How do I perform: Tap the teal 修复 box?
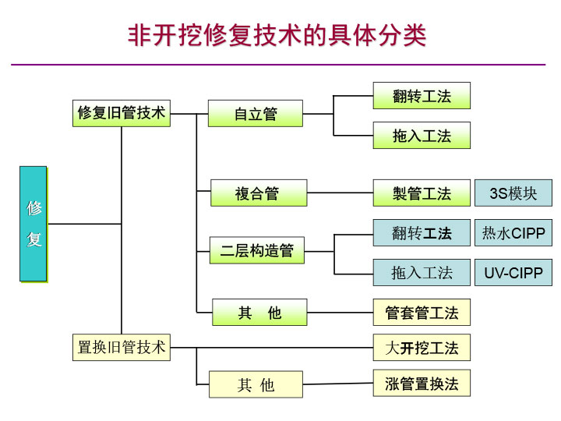(x=34, y=224)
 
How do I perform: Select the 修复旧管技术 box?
(x=121, y=113)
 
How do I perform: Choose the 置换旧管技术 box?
(x=121, y=347)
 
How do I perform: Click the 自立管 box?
(x=255, y=114)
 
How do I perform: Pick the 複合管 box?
(x=258, y=193)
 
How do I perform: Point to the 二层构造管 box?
(x=256, y=250)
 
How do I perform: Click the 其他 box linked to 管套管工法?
(x=259, y=313)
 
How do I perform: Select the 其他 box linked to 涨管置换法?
(x=256, y=384)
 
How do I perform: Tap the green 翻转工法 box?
(x=422, y=96)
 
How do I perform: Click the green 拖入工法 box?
(x=422, y=136)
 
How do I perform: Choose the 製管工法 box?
(x=422, y=193)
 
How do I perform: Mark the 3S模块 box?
(x=513, y=193)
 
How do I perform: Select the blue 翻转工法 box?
(x=422, y=232)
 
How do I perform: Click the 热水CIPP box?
(x=513, y=232)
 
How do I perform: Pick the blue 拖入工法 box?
(x=422, y=273)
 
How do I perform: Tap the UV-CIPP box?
(x=513, y=273)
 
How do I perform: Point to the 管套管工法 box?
(x=422, y=313)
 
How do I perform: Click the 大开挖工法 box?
(x=422, y=348)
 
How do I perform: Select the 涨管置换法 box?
(x=422, y=383)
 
